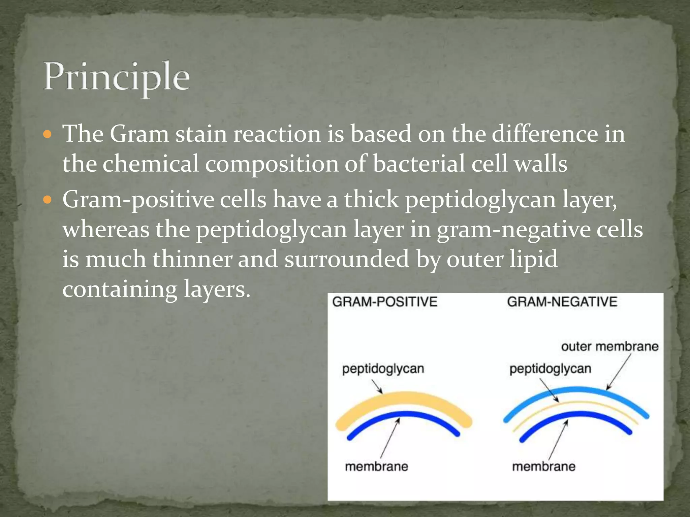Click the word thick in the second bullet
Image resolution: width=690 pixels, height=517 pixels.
(371, 199)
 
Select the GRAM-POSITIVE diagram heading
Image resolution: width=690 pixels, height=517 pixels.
(384, 302)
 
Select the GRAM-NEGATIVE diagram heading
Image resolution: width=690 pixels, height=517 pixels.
(562, 302)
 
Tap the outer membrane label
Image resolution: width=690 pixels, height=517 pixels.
(609, 346)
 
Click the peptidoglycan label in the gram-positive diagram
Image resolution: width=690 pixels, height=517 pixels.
(383, 369)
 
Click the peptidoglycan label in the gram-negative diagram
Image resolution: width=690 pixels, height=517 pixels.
(550, 369)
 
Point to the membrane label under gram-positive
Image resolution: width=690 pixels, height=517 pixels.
(376, 467)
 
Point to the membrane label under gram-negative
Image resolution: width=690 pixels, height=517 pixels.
(543, 467)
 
